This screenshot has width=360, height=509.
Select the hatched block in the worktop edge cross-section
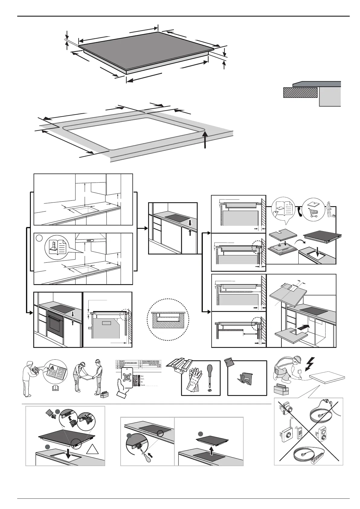click(x=300, y=92)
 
